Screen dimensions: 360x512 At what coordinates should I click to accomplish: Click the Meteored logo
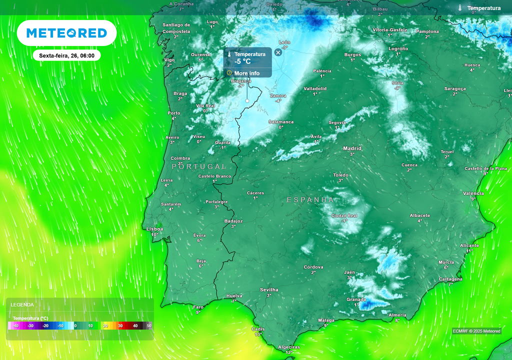[66, 33]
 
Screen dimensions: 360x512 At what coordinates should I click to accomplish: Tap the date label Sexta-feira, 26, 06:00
[67, 55]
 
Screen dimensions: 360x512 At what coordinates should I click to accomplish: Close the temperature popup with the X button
[278, 52]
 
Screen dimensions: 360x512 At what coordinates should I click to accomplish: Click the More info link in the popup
[246, 73]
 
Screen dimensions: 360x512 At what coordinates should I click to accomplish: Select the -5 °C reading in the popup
[242, 62]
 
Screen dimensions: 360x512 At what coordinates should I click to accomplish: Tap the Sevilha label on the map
[269, 290]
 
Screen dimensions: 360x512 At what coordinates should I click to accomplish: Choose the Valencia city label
[473, 193]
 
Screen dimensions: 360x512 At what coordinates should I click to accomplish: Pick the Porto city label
[173, 113]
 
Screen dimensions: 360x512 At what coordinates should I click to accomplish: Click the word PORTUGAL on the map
[199, 166]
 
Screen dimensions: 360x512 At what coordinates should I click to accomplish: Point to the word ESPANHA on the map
[310, 199]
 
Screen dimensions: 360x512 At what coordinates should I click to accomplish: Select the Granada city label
[356, 299]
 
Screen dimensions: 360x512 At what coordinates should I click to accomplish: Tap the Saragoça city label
[455, 88]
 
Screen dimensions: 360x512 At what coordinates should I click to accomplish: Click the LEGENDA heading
[22, 304]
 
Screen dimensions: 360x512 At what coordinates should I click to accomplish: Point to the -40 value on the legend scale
[16, 325]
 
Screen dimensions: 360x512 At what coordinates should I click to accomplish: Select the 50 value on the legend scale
[148, 325]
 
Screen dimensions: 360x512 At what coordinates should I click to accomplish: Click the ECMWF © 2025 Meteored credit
[476, 331]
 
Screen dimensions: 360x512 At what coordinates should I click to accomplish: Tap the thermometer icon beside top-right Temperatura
[459, 8]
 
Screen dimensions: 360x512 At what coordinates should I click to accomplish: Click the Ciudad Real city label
[344, 215]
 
